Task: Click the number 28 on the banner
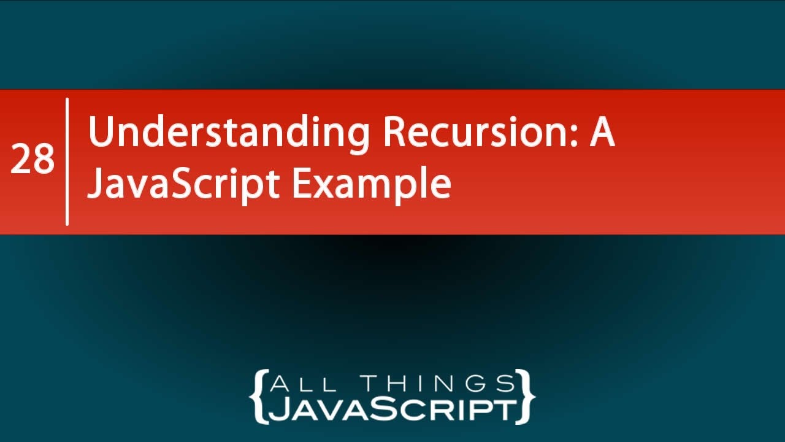click(32, 160)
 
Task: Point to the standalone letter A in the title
click(602, 133)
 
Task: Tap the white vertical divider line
click(67, 161)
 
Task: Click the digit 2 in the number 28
click(21, 160)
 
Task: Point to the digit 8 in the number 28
click(43, 160)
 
